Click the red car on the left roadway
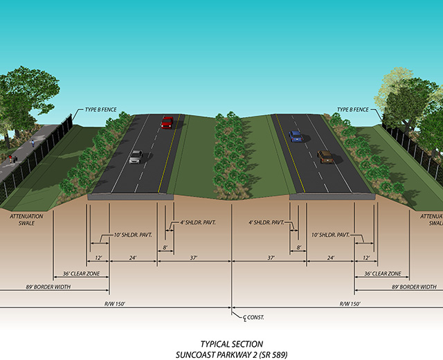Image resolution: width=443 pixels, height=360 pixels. click(x=167, y=123)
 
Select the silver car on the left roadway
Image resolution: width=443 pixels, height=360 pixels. click(x=136, y=157)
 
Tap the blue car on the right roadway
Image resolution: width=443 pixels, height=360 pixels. click(x=296, y=136)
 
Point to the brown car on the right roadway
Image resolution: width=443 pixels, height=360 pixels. click(x=325, y=157)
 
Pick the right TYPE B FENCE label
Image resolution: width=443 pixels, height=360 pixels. click(x=353, y=110)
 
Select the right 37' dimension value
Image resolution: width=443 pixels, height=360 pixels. click(x=270, y=258)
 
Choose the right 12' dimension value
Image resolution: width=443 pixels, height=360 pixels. click(x=365, y=258)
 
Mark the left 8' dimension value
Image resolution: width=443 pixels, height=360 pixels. click(x=165, y=246)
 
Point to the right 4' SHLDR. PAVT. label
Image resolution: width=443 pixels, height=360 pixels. click(x=267, y=223)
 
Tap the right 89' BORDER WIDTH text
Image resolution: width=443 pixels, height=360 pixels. click(x=414, y=286)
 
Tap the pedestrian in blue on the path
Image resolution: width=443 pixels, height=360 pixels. click(x=32, y=143)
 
